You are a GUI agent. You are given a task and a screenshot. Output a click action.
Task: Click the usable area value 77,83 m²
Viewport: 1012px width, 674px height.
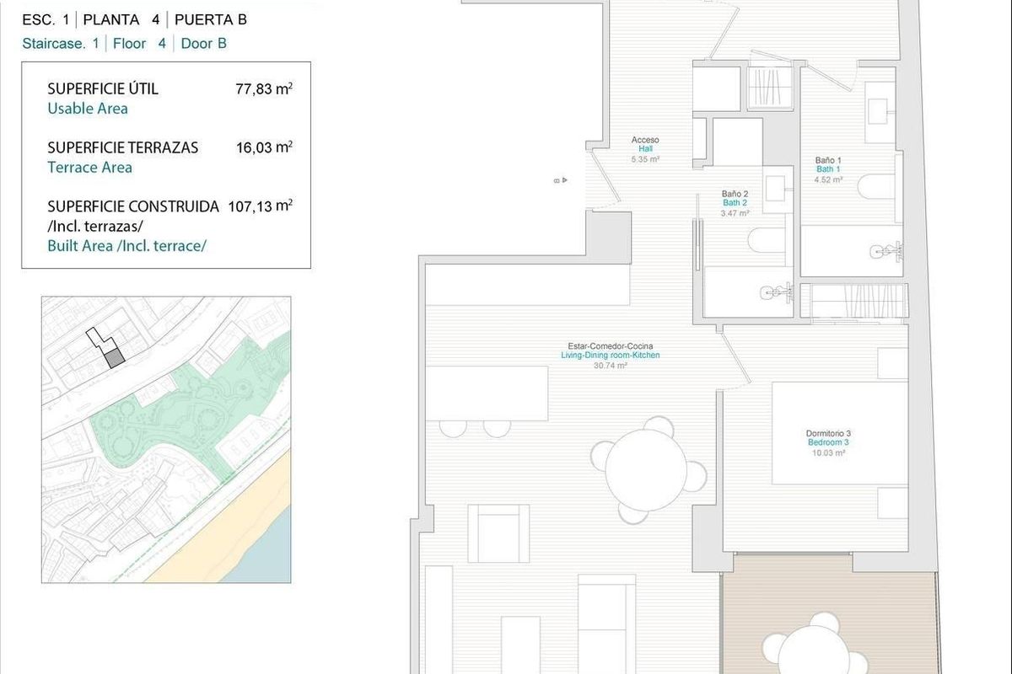pyautogui.click(x=264, y=88)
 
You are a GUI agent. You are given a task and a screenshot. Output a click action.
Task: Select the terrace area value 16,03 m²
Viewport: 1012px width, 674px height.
pyautogui.click(x=264, y=147)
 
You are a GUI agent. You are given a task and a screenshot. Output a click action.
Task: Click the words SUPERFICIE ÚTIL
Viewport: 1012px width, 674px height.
pyautogui.click(x=103, y=88)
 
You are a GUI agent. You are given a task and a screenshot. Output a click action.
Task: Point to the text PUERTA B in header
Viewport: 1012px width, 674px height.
pyautogui.click(x=211, y=20)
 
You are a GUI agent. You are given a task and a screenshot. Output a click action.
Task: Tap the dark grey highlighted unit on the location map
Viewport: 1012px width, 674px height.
pyautogui.click(x=116, y=357)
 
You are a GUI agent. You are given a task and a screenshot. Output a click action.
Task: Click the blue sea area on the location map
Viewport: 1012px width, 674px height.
pyautogui.click(x=272, y=556)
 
